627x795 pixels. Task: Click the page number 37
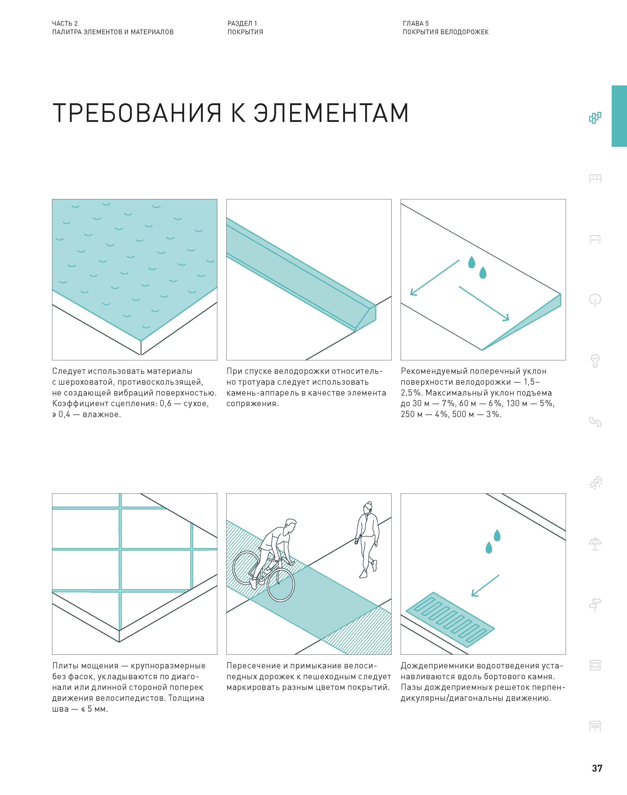click(x=597, y=768)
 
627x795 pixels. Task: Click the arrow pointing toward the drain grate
click(x=485, y=586)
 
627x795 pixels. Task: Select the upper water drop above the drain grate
click(x=497, y=536)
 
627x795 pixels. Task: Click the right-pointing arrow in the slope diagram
click(x=484, y=303)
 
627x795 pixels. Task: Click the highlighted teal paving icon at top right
click(x=595, y=117)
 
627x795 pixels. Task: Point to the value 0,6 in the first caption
click(x=165, y=404)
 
